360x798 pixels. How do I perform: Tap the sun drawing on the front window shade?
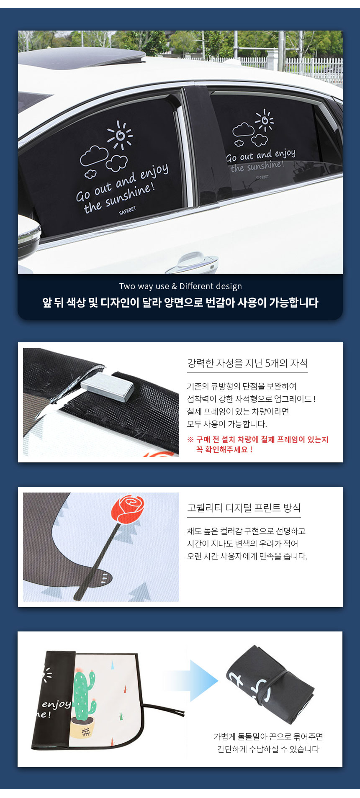click(x=120, y=135)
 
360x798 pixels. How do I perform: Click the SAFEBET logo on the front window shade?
click(x=127, y=210)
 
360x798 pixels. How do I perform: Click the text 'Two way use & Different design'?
click(x=180, y=286)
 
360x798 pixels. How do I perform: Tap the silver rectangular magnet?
click(x=107, y=388)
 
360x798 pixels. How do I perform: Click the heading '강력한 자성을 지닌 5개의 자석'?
click(x=247, y=363)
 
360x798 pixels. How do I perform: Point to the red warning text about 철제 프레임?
click(x=258, y=444)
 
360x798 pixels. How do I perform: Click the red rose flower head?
click(x=128, y=508)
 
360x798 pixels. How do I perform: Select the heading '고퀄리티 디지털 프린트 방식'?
click(x=244, y=508)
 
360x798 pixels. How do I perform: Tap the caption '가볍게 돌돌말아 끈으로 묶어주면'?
click(x=268, y=736)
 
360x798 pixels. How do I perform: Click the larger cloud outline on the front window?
click(x=94, y=156)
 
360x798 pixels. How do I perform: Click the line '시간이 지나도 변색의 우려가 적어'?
click(x=242, y=544)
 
